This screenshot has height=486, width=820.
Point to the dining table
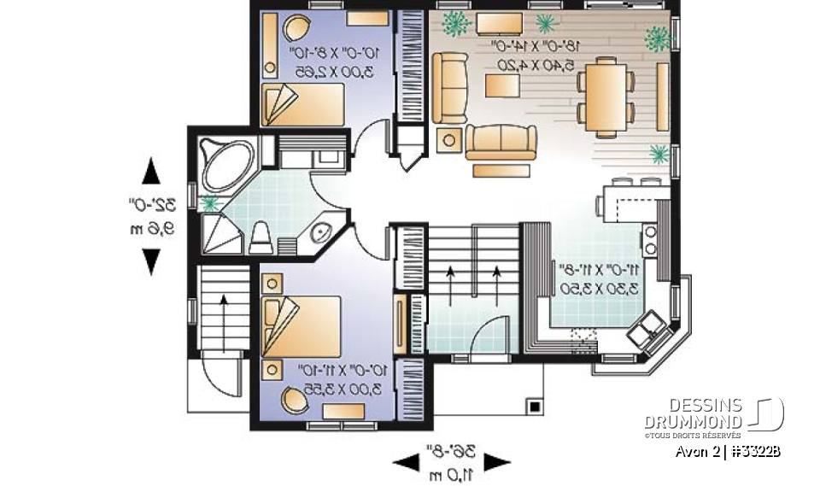[606, 99]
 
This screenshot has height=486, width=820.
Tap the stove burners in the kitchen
[650, 240]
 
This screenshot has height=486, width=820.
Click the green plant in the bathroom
[209, 203]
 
